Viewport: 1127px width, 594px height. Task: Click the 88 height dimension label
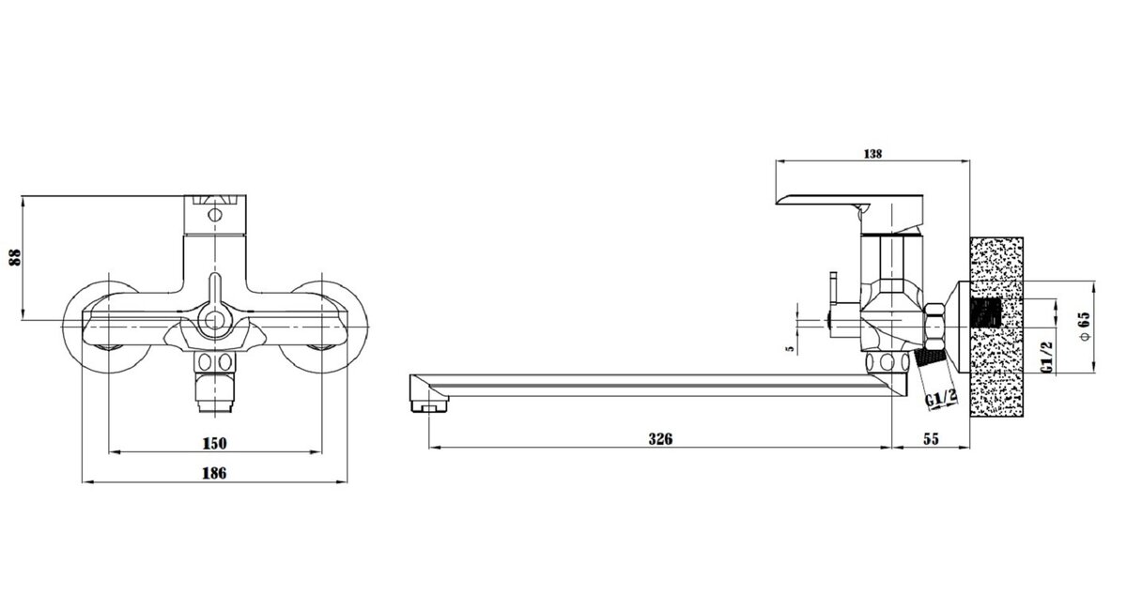tap(16, 257)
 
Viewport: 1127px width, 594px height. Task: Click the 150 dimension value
tap(215, 444)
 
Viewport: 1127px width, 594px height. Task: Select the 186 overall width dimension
tap(214, 473)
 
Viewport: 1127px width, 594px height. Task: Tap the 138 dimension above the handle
tap(872, 154)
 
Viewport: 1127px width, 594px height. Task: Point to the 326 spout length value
tap(660, 439)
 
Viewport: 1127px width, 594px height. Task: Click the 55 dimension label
tap(931, 439)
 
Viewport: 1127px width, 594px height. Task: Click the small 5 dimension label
tap(790, 348)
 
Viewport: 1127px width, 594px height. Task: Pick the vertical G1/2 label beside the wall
tap(1046, 358)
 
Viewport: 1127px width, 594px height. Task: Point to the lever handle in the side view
tap(850, 208)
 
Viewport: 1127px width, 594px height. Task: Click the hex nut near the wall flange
tap(935, 327)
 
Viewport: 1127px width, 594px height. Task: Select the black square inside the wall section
tap(985, 313)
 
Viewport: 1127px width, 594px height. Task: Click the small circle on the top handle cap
tap(215, 215)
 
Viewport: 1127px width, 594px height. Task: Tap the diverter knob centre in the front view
tap(215, 320)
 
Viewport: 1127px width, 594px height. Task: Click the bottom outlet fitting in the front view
tap(215, 382)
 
